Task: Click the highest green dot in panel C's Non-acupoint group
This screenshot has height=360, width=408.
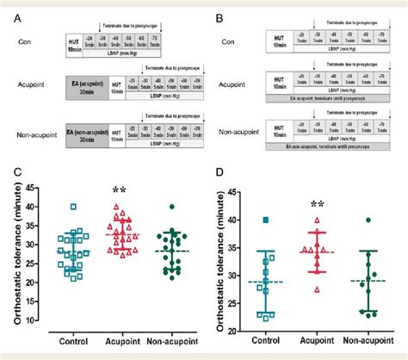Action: coord(171,207)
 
